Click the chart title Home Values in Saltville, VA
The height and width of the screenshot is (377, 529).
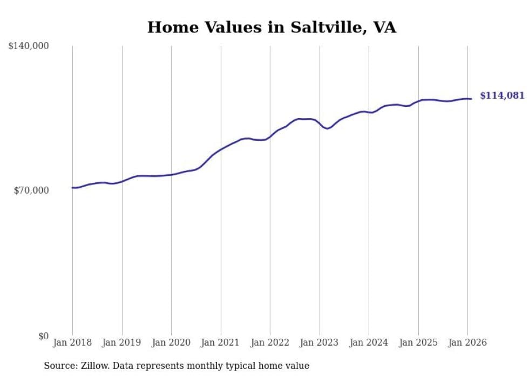272,28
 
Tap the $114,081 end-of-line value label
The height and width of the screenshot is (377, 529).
502,95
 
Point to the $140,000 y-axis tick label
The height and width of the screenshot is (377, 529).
29,46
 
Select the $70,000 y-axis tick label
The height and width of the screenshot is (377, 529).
31,190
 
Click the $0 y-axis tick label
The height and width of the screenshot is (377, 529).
43,336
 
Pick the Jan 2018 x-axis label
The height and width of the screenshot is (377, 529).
72,342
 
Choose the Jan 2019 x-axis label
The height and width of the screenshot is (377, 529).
122,342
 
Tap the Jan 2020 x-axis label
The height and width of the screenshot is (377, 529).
171,342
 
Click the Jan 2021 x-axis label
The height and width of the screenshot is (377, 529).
221,342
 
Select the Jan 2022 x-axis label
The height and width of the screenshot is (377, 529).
270,342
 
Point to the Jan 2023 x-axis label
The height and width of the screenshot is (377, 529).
320,342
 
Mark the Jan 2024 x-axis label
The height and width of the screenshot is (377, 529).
369,342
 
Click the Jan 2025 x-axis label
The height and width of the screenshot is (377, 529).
418,342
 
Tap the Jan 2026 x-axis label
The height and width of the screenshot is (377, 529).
467,342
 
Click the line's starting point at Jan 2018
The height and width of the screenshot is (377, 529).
72,188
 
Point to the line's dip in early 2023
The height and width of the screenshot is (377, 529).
327,128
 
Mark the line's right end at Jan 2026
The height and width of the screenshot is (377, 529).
471,99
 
